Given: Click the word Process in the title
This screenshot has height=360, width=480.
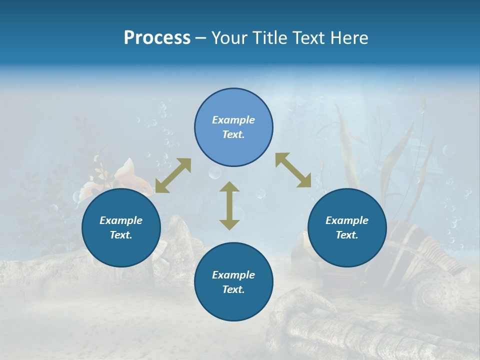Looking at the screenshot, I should click(x=157, y=38).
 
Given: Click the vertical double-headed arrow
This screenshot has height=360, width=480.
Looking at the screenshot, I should click(x=229, y=205).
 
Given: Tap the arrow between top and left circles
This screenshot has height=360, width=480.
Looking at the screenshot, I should click(x=173, y=175).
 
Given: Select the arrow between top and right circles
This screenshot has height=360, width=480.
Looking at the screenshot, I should click(x=293, y=170).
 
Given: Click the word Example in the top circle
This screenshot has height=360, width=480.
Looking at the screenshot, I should click(x=233, y=120).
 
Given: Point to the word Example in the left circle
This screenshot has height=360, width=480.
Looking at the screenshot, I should click(x=121, y=220).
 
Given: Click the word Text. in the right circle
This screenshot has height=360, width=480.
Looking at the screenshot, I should click(x=347, y=235).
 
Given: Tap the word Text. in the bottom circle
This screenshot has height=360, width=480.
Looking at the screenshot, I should click(x=233, y=289).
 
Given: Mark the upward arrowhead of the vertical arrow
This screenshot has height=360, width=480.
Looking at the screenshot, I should click(x=229, y=187).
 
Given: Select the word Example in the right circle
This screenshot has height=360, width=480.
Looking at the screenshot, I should click(x=347, y=220).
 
